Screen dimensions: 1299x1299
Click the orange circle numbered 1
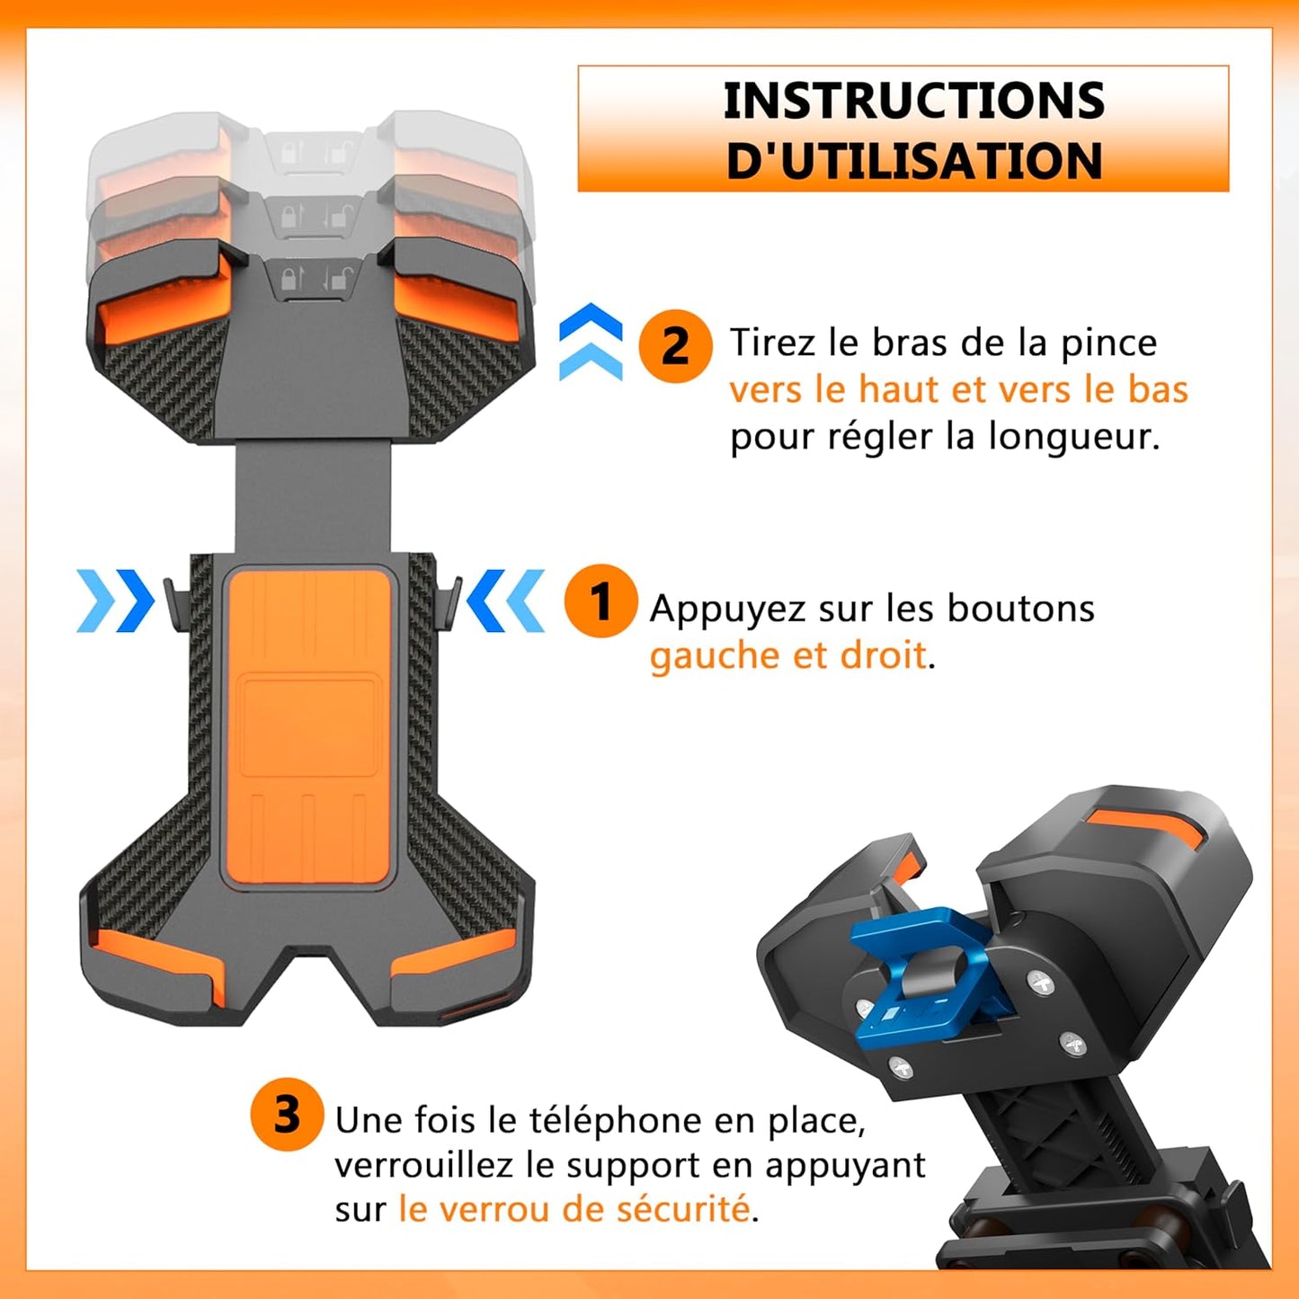click(601, 601)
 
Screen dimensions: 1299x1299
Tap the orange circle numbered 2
click(675, 346)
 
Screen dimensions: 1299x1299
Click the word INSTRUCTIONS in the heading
click(913, 101)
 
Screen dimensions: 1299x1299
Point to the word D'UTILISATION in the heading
click(913, 161)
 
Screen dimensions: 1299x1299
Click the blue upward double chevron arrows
click(591, 343)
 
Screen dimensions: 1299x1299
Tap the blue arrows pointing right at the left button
click(115, 601)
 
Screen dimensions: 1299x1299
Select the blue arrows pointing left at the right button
click(506, 601)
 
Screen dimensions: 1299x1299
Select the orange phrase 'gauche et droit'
click(787, 655)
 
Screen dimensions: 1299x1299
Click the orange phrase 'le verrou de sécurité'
click(574, 1209)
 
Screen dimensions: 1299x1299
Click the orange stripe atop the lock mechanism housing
click(1144, 828)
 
